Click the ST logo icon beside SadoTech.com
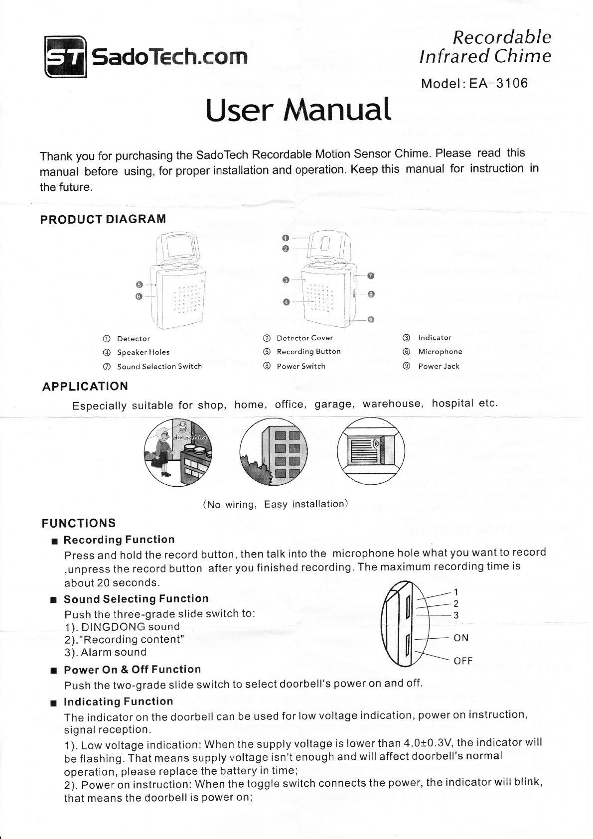point(66,57)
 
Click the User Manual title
point(298,109)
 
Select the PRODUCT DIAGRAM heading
point(103,219)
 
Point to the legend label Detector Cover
point(304,338)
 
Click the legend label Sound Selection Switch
point(159,367)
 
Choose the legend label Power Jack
point(439,366)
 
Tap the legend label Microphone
point(440,352)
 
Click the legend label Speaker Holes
point(143,352)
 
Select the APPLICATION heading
point(85,386)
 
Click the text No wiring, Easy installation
point(275,504)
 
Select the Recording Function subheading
point(119,540)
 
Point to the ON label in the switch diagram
point(461,638)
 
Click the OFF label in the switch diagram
point(463,661)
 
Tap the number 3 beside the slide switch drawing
point(455,615)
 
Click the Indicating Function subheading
point(118,701)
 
